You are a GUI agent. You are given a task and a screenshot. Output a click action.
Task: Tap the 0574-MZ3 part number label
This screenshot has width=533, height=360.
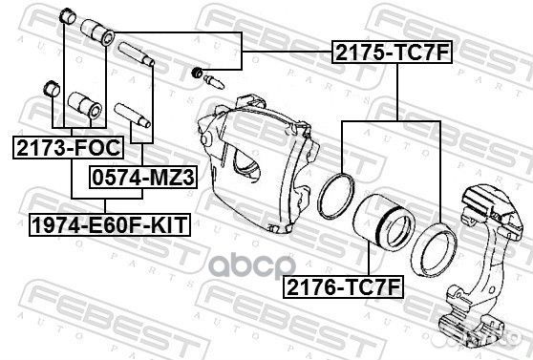click(x=141, y=177)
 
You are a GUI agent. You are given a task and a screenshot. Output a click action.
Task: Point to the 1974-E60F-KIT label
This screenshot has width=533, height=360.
click(x=108, y=224)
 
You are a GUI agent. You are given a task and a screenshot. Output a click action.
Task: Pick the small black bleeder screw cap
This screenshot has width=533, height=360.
click(x=197, y=72)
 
